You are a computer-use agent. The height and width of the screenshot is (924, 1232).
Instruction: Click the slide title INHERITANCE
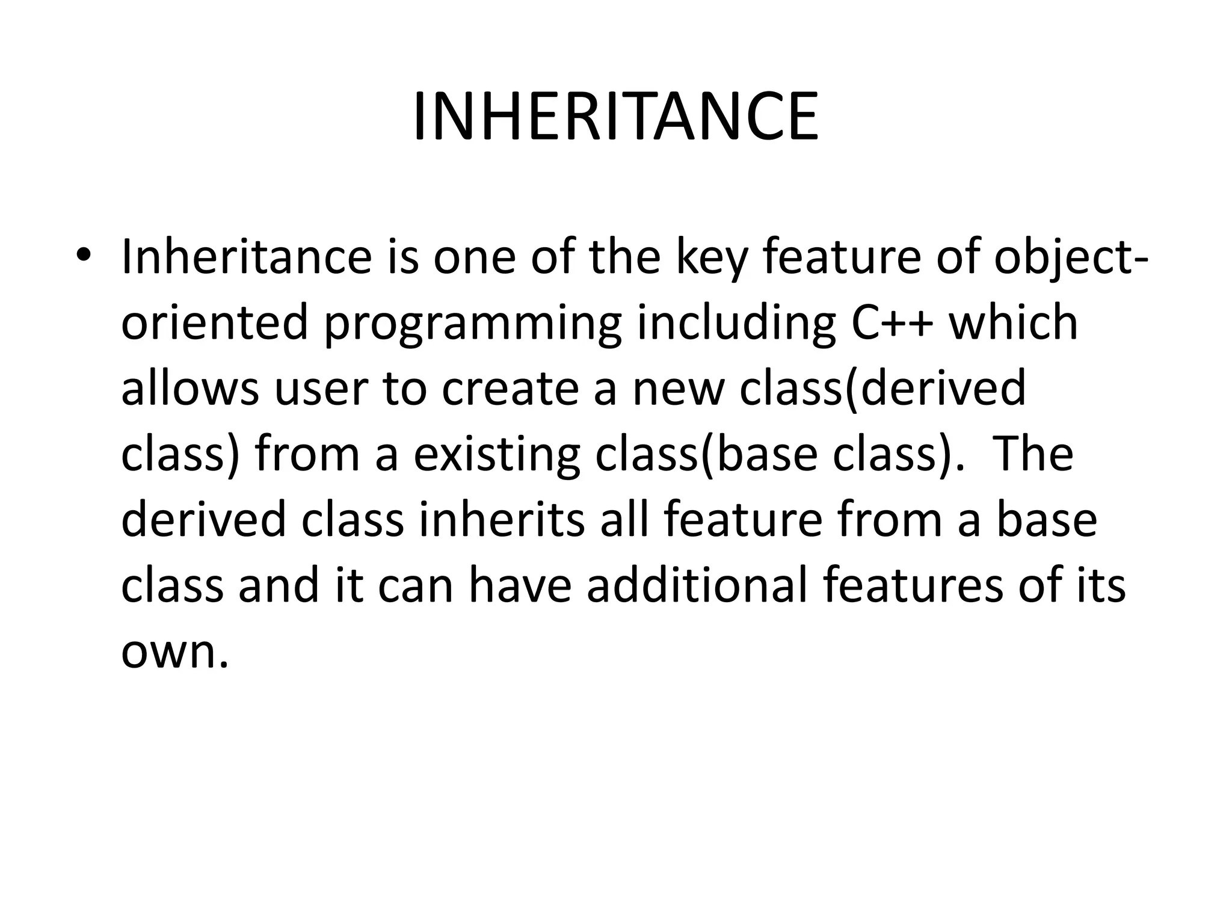tap(615, 117)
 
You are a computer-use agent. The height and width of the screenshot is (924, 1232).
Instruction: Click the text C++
tap(893, 323)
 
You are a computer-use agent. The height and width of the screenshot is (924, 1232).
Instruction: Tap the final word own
tap(174, 653)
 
